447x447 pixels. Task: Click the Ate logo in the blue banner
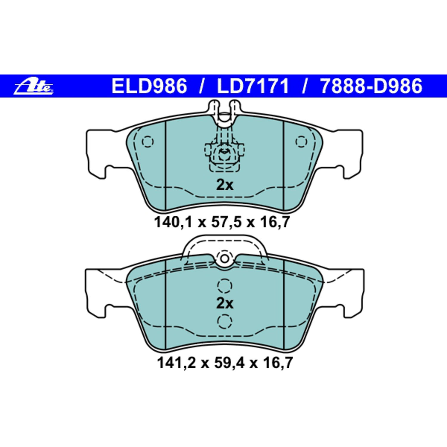34,86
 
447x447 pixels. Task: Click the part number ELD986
149,86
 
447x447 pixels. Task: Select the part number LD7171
253,86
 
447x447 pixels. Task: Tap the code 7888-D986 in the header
371,86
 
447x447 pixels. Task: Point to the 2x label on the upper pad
225,185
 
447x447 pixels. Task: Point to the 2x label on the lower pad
225,303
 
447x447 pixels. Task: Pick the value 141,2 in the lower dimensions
176,363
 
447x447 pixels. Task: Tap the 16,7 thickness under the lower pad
278,363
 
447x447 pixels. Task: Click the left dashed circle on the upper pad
148,142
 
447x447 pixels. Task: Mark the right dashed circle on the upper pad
301,142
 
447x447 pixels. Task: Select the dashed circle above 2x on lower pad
224,285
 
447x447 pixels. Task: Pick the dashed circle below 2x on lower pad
224,322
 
